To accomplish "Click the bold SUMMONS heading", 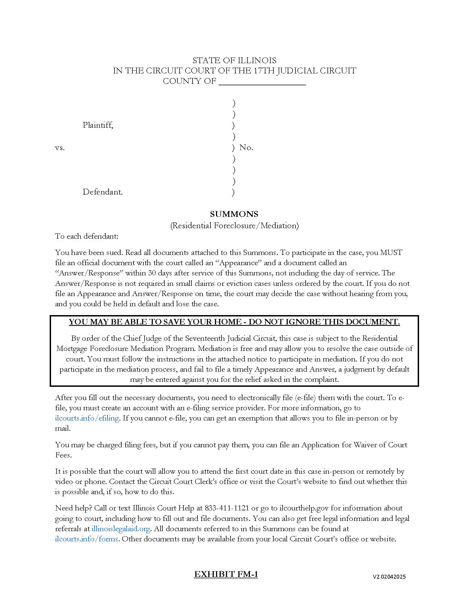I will (x=234, y=214).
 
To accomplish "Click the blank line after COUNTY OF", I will (x=262, y=82).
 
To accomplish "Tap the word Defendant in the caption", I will (x=103, y=192).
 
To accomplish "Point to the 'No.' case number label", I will (x=246, y=148).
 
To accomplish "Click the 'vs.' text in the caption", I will (x=60, y=148).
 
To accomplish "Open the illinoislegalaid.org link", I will (x=121, y=529).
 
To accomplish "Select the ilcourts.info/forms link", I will (x=86, y=539).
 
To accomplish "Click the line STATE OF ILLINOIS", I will (x=234, y=60).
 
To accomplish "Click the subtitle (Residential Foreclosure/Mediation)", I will (x=234, y=225).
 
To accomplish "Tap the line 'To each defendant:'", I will (x=87, y=236).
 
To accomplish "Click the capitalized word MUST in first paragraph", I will (x=391, y=253).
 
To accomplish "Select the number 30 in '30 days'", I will (x=152, y=273).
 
